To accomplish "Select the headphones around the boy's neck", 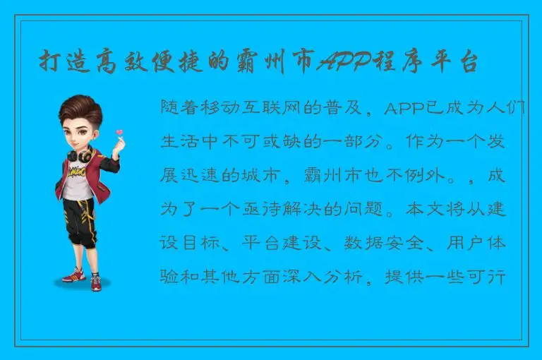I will [x=79, y=153].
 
